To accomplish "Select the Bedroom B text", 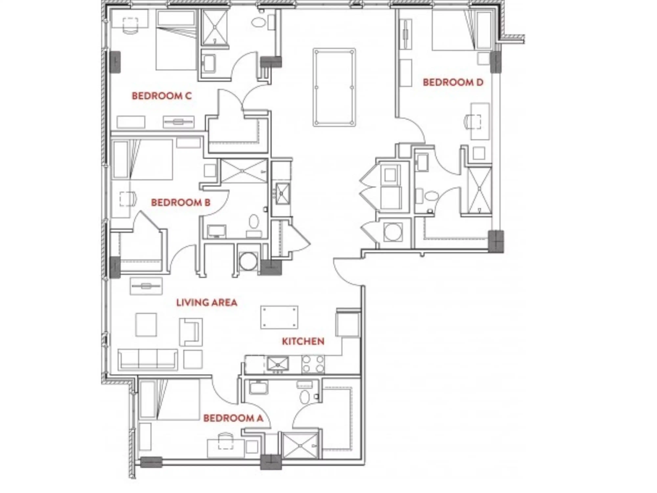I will pos(181,203).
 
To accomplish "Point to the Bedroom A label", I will pos(233,418).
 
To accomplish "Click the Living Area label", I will pos(207,303).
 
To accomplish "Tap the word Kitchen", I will pos(303,341).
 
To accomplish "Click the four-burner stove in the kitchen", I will pos(313,364).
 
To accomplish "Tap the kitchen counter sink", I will pos(278,364).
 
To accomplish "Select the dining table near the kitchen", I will pos(279,317).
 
